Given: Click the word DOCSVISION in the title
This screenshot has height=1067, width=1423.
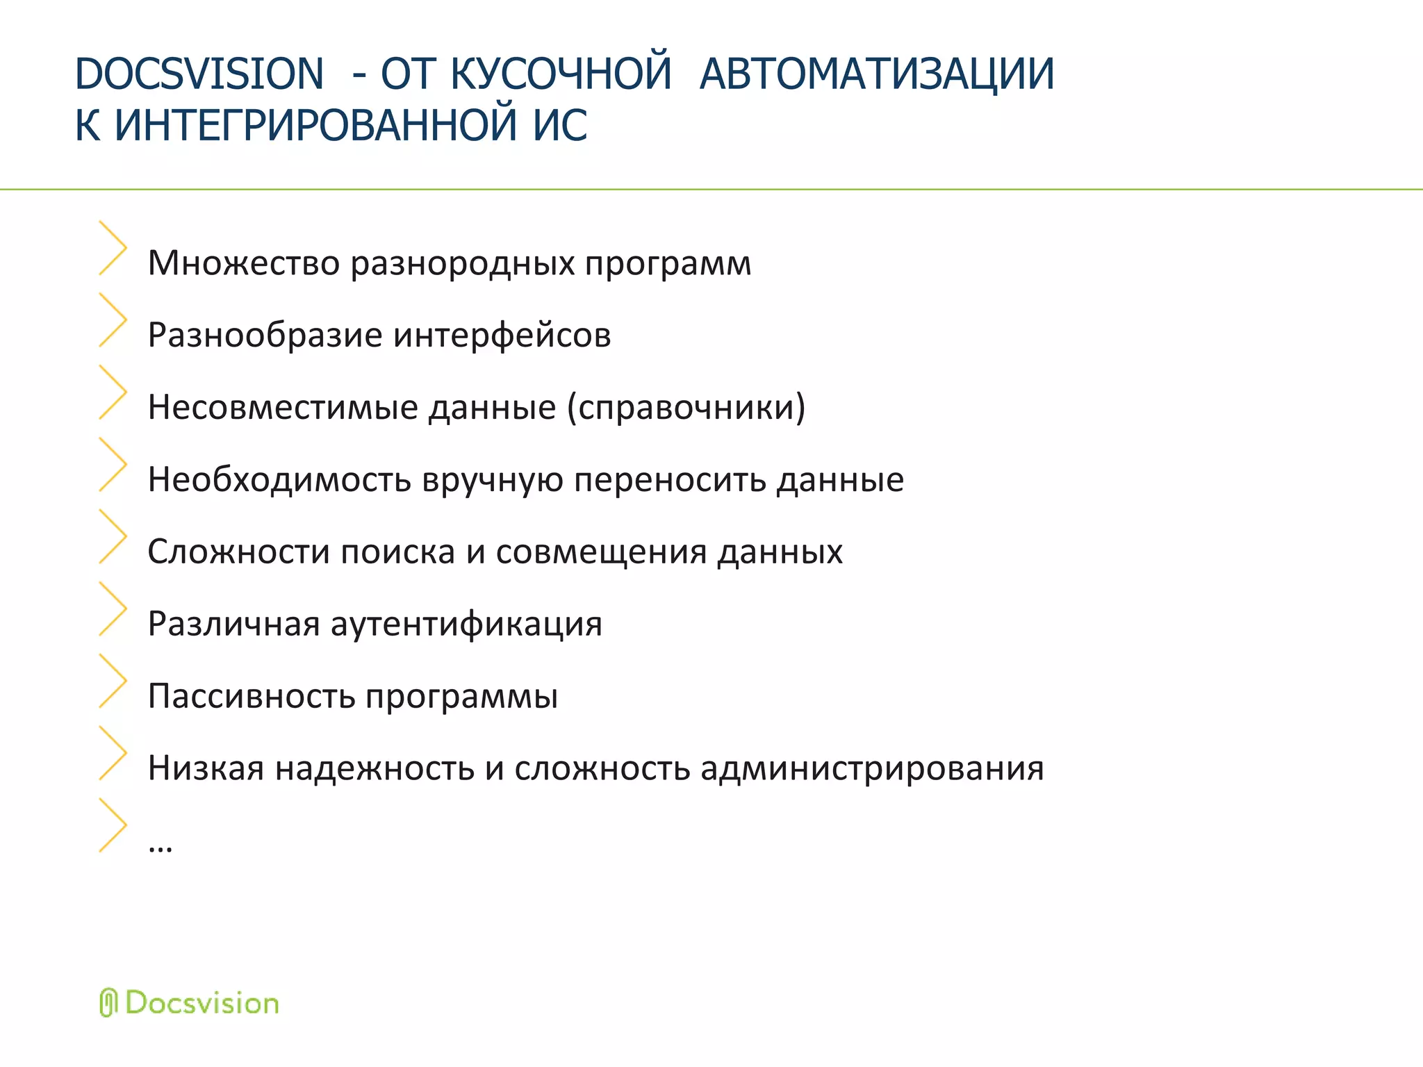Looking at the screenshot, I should click(x=199, y=74).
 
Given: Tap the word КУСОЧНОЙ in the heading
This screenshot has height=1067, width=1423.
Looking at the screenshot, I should click(x=561, y=74).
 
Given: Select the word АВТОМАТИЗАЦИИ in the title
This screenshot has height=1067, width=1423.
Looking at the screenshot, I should click(x=877, y=74).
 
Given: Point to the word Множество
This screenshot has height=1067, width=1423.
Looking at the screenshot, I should click(x=244, y=263).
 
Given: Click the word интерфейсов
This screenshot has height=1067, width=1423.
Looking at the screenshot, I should click(x=502, y=336).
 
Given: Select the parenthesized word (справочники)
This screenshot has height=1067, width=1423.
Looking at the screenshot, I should click(x=686, y=407).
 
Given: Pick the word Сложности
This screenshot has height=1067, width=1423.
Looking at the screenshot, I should click(x=238, y=552).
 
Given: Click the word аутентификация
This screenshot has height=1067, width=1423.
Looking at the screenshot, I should click(x=466, y=624).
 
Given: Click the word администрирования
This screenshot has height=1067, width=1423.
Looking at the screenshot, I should click(x=872, y=768).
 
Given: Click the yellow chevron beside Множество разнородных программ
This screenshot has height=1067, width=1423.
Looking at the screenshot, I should click(x=113, y=248).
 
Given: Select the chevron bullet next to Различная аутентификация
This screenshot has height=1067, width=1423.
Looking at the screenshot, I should click(x=113, y=609).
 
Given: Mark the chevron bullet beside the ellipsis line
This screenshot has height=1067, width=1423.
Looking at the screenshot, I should click(x=113, y=825).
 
